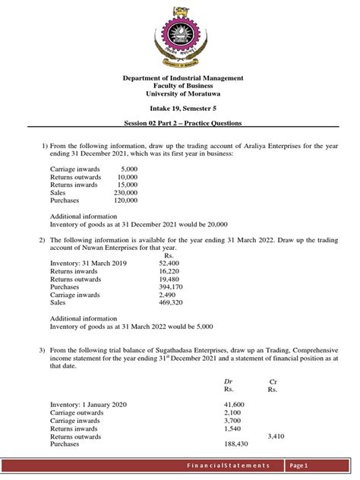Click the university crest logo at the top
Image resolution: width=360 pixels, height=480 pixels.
pyautogui.click(x=179, y=36)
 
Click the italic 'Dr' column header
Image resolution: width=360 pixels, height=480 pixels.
pyautogui.click(x=228, y=382)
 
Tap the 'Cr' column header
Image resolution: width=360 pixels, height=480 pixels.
pyautogui.click(x=273, y=382)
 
